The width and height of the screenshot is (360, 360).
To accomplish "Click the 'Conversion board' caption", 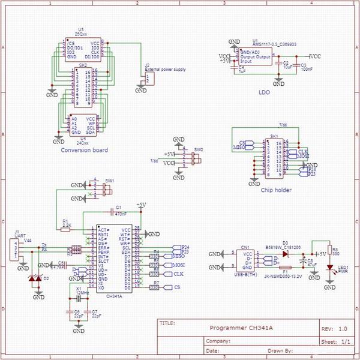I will pos(85,150).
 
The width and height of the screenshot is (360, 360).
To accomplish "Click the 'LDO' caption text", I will pos(263,93).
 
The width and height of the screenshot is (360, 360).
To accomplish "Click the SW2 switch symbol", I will pos(194,158).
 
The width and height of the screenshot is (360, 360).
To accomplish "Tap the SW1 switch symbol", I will pos(107,189).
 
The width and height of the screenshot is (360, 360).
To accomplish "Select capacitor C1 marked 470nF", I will pos(112,212).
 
